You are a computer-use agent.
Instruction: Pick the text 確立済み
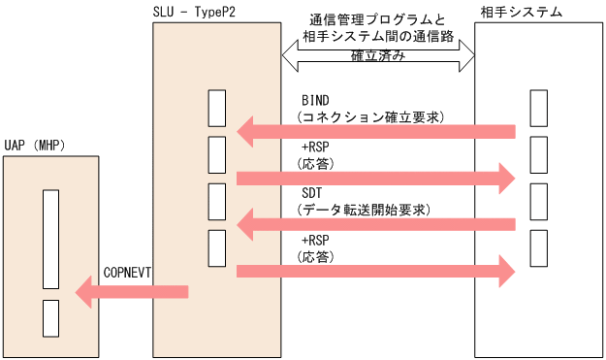[378, 57]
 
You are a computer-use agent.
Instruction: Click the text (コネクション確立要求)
[370, 116]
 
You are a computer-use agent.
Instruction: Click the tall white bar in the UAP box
[51, 238]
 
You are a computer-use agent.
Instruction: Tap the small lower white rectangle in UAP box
[51, 317]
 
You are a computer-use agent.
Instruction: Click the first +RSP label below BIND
[316, 147]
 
